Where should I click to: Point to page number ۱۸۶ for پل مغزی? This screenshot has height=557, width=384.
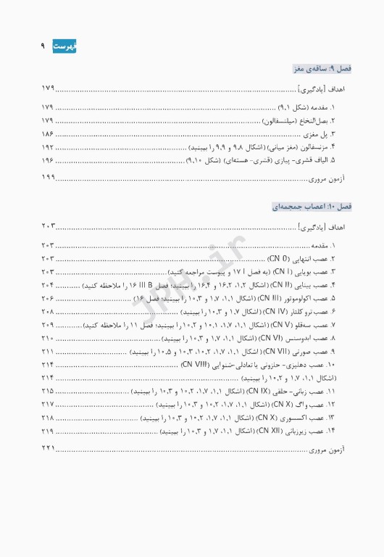coord(48,134)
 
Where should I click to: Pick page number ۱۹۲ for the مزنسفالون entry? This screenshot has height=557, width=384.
coord(48,147)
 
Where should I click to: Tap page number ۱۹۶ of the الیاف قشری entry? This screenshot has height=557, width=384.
coord(48,160)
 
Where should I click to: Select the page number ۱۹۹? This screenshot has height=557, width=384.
coord(48,178)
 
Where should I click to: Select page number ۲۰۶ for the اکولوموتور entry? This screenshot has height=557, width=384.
coord(48,298)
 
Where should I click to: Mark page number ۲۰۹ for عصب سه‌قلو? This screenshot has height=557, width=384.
coord(48,325)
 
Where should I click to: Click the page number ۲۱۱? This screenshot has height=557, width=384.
coord(48,351)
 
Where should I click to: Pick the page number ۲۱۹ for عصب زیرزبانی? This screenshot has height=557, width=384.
coord(48,432)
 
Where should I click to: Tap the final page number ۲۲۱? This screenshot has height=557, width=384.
coord(48,450)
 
